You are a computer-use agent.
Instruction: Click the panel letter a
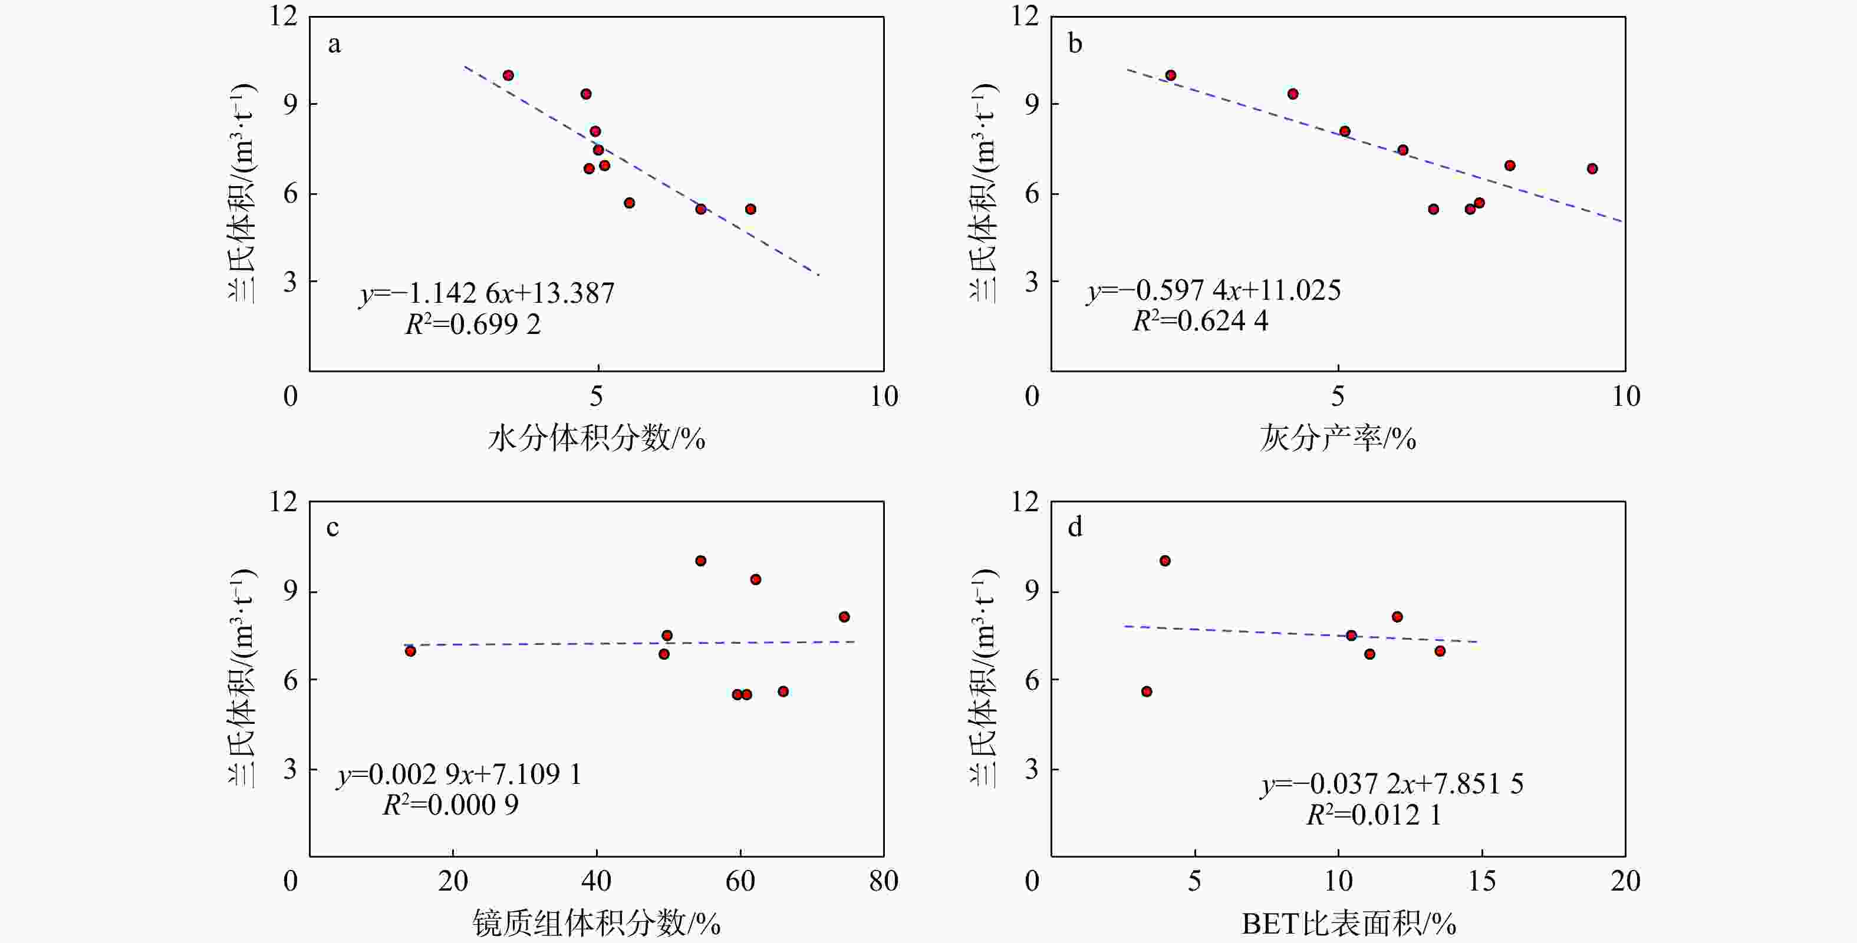pyautogui.click(x=334, y=45)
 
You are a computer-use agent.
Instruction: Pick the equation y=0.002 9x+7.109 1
pyautogui.click(x=459, y=775)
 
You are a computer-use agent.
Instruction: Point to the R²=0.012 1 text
pyautogui.click(x=1374, y=815)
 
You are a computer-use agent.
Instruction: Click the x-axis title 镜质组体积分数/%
pyautogui.click(x=596, y=923)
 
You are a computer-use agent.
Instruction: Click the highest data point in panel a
pyautogui.click(x=508, y=75)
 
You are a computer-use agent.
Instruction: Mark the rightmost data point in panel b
pyautogui.click(x=1592, y=168)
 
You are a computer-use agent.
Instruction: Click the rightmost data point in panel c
pyautogui.click(x=844, y=617)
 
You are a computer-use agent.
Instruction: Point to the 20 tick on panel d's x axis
pyautogui.click(x=1625, y=881)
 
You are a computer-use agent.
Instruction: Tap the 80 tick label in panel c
pyautogui.click(x=884, y=881)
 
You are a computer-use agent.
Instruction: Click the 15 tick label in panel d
pyautogui.click(x=1482, y=881)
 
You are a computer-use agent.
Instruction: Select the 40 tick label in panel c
pyautogui.click(x=596, y=881)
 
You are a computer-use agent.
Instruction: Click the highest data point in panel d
pyautogui.click(x=1165, y=561)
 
